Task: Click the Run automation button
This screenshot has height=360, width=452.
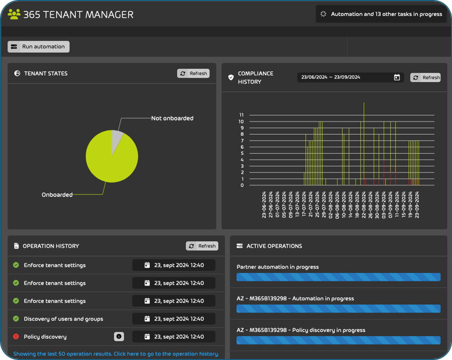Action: pos(38,47)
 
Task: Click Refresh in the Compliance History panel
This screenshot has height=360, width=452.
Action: pos(426,78)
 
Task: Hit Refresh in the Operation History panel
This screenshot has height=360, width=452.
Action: pos(202,246)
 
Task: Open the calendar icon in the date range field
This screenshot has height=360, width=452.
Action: pos(397,78)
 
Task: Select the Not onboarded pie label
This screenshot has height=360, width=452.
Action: pos(172,118)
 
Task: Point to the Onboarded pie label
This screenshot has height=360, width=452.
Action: pos(57,195)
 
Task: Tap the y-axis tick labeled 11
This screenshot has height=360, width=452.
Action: pos(241,115)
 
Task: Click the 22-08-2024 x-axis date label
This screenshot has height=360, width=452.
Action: pos(364,204)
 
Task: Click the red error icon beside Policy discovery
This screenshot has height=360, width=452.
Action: pos(16,337)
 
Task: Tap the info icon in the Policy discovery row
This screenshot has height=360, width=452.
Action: pos(119,337)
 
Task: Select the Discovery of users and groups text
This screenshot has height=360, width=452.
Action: pos(63,319)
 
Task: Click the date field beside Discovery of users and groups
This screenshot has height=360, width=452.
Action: pos(174,319)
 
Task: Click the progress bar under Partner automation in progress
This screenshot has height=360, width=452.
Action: pos(338,277)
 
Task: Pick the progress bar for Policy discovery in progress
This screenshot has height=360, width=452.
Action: pos(338,341)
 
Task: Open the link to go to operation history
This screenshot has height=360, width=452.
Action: pos(116,354)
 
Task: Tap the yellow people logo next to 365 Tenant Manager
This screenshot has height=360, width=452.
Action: pos(14,14)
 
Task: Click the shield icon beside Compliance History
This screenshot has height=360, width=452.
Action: pos(230,78)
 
